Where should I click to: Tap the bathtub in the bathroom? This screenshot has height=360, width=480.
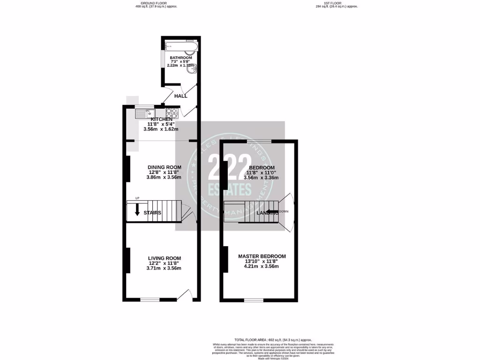(x=182, y=45)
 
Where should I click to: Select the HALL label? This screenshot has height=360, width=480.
(x=181, y=96)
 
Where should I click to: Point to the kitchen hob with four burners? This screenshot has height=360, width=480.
(x=172, y=113)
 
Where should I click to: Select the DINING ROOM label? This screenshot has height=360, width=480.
(x=164, y=167)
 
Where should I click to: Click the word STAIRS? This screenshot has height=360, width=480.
(x=153, y=213)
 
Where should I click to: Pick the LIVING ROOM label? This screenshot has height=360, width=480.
(x=164, y=258)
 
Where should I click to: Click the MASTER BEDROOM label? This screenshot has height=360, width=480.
(x=262, y=256)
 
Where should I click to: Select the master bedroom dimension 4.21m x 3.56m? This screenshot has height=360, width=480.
(x=262, y=266)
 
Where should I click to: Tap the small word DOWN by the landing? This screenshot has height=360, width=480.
(x=284, y=211)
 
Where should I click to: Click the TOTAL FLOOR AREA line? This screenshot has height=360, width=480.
(x=273, y=339)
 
